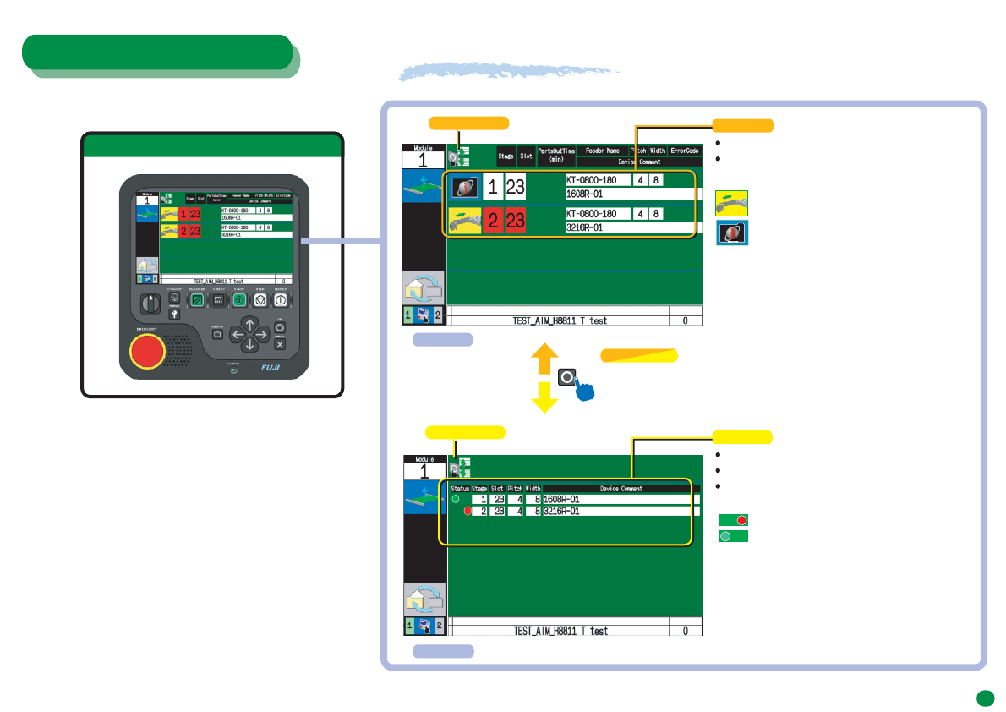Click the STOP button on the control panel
pyautogui.click(x=260, y=299)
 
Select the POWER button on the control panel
pyautogui.click(x=281, y=299)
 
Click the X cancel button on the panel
pyautogui.click(x=281, y=344)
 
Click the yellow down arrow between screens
pyautogui.click(x=544, y=397)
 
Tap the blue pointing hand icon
pyautogui.click(x=580, y=391)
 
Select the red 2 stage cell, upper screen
pyautogui.click(x=493, y=221)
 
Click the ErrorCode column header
pyautogui.click(x=685, y=151)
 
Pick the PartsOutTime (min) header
pyautogui.click(x=556, y=155)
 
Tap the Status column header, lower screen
pyautogui.click(x=459, y=488)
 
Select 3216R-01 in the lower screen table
pyautogui.click(x=560, y=511)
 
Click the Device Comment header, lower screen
pyautogui.click(x=621, y=488)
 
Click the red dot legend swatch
pyautogui.click(x=733, y=520)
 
